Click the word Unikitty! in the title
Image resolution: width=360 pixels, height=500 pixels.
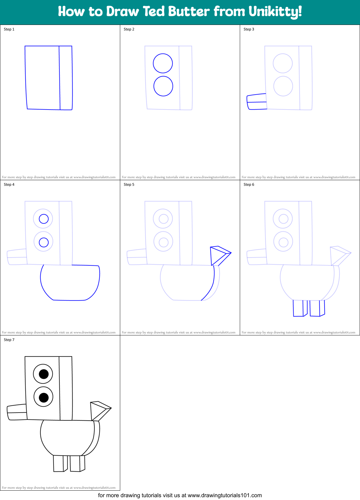[275, 12]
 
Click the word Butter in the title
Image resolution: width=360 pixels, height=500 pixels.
[189, 12]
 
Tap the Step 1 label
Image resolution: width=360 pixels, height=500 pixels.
[9, 29]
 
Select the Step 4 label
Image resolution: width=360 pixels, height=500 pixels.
[9, 185]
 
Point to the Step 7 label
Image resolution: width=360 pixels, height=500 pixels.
[9, 340]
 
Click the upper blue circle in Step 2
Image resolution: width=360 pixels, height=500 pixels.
[163, 63]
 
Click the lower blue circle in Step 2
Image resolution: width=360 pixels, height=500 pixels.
[163, 86]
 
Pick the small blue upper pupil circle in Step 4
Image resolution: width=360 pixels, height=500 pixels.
[44, 219]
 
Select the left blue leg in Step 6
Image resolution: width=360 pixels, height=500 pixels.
[298, 308]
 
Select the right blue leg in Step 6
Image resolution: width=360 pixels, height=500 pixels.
[315, 308]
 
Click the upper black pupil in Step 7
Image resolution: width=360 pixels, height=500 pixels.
[44, 374]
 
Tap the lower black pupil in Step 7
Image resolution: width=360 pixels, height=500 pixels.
[44, 397]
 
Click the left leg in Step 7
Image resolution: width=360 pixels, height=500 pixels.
[59, 464]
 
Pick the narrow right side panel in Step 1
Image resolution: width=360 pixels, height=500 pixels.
[66, 78]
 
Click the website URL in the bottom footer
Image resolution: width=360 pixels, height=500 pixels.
[225, 495]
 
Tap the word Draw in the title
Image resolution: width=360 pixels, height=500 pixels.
[122, 12]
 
